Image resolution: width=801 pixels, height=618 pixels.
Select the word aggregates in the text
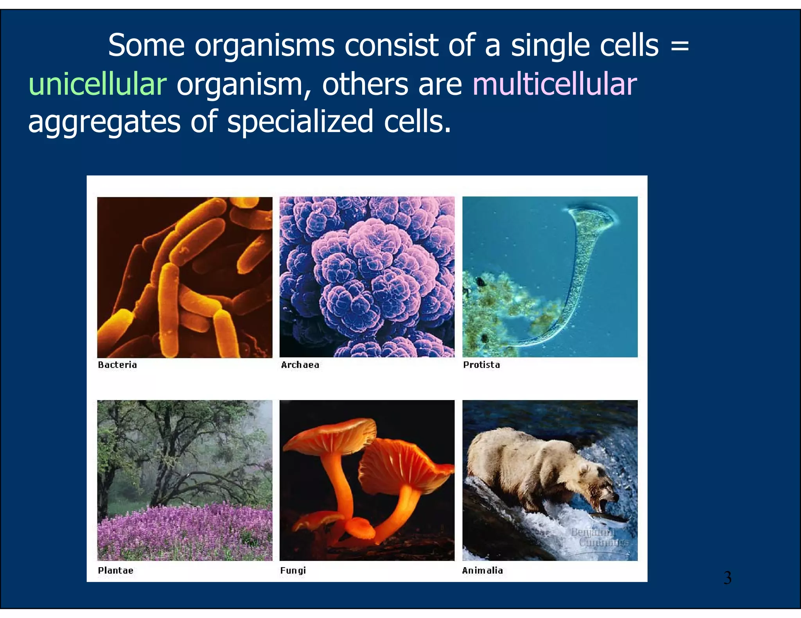click(104, 122)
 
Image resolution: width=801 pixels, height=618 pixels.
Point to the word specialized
click(300, 122)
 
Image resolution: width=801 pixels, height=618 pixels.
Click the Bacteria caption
click(117, 365)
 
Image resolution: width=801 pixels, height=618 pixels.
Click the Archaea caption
click(300, 365)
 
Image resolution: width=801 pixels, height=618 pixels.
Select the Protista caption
click(481, 365)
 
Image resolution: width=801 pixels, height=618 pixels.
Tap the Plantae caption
click(115, 570)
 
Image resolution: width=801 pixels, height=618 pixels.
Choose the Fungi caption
click(293, 570)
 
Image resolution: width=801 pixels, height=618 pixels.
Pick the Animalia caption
click(482, 570)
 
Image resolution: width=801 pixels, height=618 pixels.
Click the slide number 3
click(727, 578)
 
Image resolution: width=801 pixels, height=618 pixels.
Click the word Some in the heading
click(146, 46)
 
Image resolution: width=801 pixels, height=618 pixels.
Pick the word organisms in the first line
click(264, 46)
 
